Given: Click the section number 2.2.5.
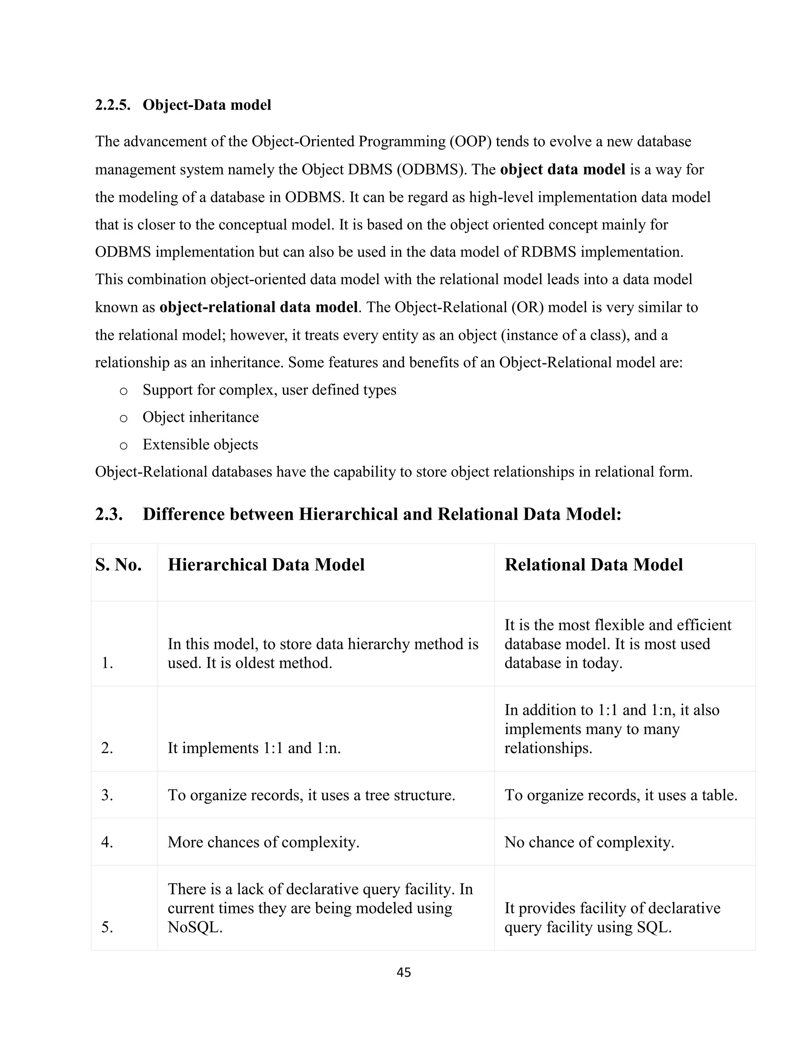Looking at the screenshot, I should (x=113, y=105).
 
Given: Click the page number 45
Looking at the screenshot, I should (x=404, y=972).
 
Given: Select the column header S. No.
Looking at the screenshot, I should (x=118, y=565).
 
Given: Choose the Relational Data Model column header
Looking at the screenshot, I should (x=593, y=565).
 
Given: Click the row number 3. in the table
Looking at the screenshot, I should (x=107, y=795).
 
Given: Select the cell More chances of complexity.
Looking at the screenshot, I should (x=263, y=842).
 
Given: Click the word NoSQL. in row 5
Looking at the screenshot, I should (x=195, y=927).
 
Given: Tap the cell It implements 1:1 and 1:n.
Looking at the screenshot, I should (x=254, y=748).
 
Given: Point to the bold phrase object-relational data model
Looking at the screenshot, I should (x=258, y=307).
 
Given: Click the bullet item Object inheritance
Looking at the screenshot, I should (x=200, y=417).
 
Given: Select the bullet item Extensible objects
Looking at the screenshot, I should (x=200, y=444).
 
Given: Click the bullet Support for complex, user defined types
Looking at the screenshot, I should (x=269, y=390).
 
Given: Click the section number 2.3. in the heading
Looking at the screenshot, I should (x=109, y=514).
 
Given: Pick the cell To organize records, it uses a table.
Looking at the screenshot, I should (x=620, y=795).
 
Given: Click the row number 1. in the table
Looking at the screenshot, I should (x=107, y=664).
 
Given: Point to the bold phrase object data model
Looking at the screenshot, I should (x=563, y=170).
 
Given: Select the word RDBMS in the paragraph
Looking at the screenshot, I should (x=548, y=252).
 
